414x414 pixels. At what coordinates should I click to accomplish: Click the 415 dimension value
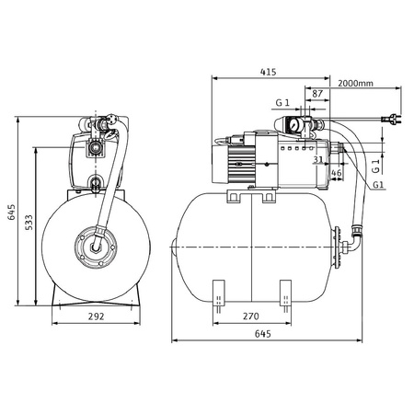pyautogui.click(x=269, y=72)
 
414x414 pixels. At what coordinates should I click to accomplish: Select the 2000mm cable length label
pyautogui.click(x=355, y=83)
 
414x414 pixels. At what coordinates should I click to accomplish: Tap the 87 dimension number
pyautogui.click(x=317, y=94)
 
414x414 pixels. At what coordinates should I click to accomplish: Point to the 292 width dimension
pyautogui.click(x=97, y=316)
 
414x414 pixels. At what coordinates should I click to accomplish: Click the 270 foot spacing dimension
pyautogui.click(x=251, y=316)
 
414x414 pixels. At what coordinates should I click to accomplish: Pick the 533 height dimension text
pyautogui.click(x=29, y=223)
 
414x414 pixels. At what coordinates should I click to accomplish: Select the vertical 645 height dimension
pyautogui.click(x=11, y=213)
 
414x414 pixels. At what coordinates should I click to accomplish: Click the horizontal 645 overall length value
pyautogui.click(x=263, y=334)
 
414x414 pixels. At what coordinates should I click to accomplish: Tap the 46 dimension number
pyautogui.click(x=337, y=173)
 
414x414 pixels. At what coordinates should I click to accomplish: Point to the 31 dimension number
pyautogui.click(x=318, y=159)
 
